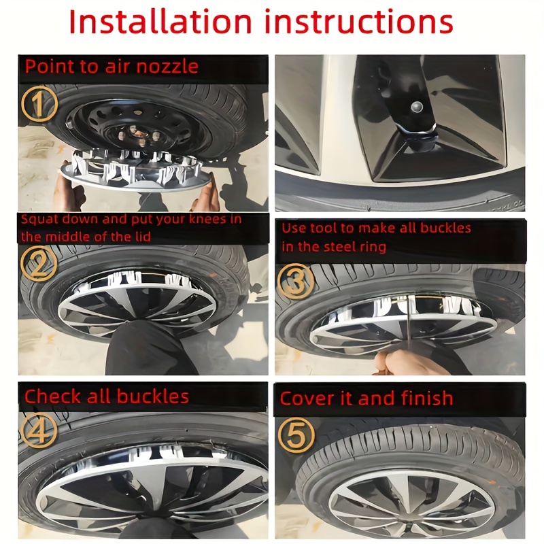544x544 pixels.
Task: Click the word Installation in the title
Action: (x=160, y=22)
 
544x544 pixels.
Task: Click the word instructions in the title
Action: (x=359, y=22)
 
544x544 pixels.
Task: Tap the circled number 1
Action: (x=39, y=104)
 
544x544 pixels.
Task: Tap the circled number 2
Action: (x=39, y=264)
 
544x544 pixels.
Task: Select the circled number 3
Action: (x=296, y=281)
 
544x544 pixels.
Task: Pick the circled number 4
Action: (x=39, y=431)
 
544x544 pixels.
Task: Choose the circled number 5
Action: (x=296, y=435)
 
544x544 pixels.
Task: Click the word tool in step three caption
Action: (x=324, y=228)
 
